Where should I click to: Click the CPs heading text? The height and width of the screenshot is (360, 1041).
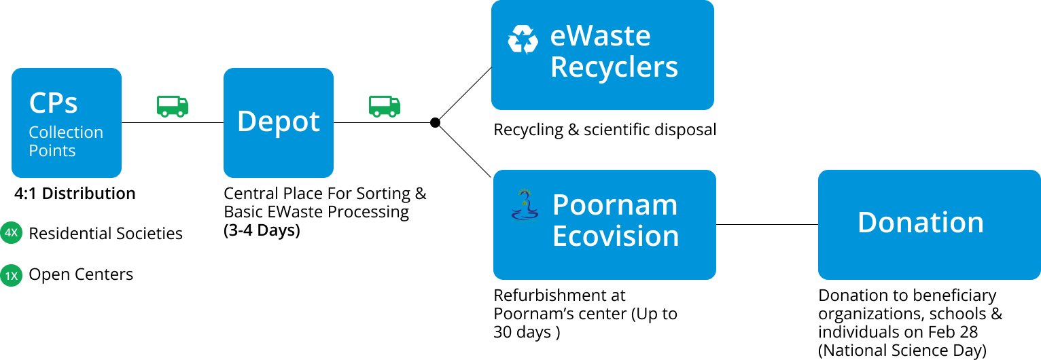pos(53,103)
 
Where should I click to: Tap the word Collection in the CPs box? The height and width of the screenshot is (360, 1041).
pos(66,132)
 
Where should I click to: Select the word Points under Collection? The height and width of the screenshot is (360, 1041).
pos(52,151)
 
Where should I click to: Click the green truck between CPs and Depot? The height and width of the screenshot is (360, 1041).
pos(173,106)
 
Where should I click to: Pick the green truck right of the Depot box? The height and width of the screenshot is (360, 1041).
pos(385,106)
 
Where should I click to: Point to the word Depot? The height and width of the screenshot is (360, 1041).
pos(279,122)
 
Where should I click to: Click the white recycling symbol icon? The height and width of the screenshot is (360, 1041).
pos(523,39)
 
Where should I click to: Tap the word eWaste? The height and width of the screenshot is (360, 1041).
pos(600,36)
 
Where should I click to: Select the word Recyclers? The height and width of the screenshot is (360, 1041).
pos(614,67)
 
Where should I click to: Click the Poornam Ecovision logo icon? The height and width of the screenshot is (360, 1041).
pos(525,206)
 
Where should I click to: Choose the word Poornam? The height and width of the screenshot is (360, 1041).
pos(614,204)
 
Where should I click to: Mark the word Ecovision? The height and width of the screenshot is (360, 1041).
pos(616,236)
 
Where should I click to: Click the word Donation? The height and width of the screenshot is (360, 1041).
pos(920,223)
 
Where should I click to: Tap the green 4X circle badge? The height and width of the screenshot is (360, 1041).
pos(11,234)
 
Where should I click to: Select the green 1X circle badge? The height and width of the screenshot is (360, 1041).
pos(11,276)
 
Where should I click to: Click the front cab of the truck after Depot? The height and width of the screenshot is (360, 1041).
pos(393,106)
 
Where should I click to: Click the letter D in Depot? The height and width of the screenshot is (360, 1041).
pos(246,122)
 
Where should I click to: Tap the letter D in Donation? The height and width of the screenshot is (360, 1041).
pos(867,223)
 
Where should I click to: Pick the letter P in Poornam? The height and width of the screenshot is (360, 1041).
pos(561,204)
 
